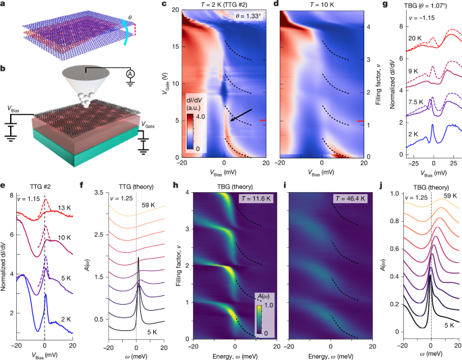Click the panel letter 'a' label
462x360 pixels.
point(4,5)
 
